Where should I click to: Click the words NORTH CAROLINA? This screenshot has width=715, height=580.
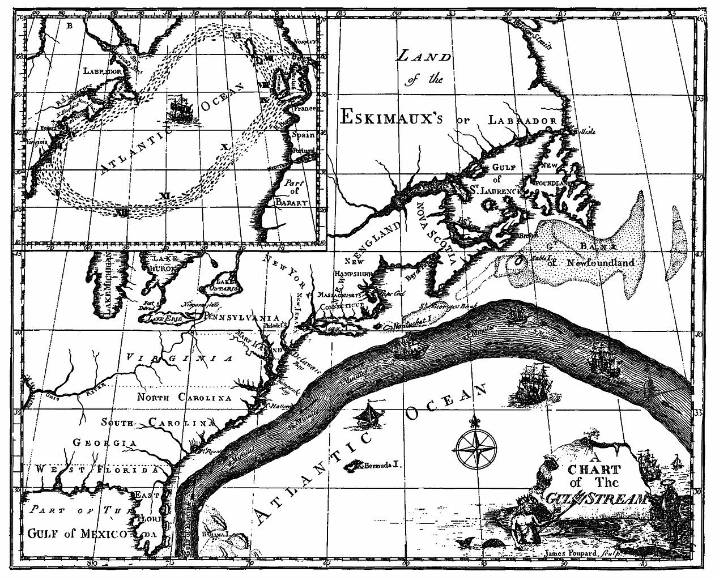pos(185,398)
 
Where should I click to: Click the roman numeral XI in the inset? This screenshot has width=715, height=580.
pos(165,195)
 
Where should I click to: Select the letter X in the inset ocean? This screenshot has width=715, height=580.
pos(224,147)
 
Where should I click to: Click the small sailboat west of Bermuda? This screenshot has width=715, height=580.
pos(365,415)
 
